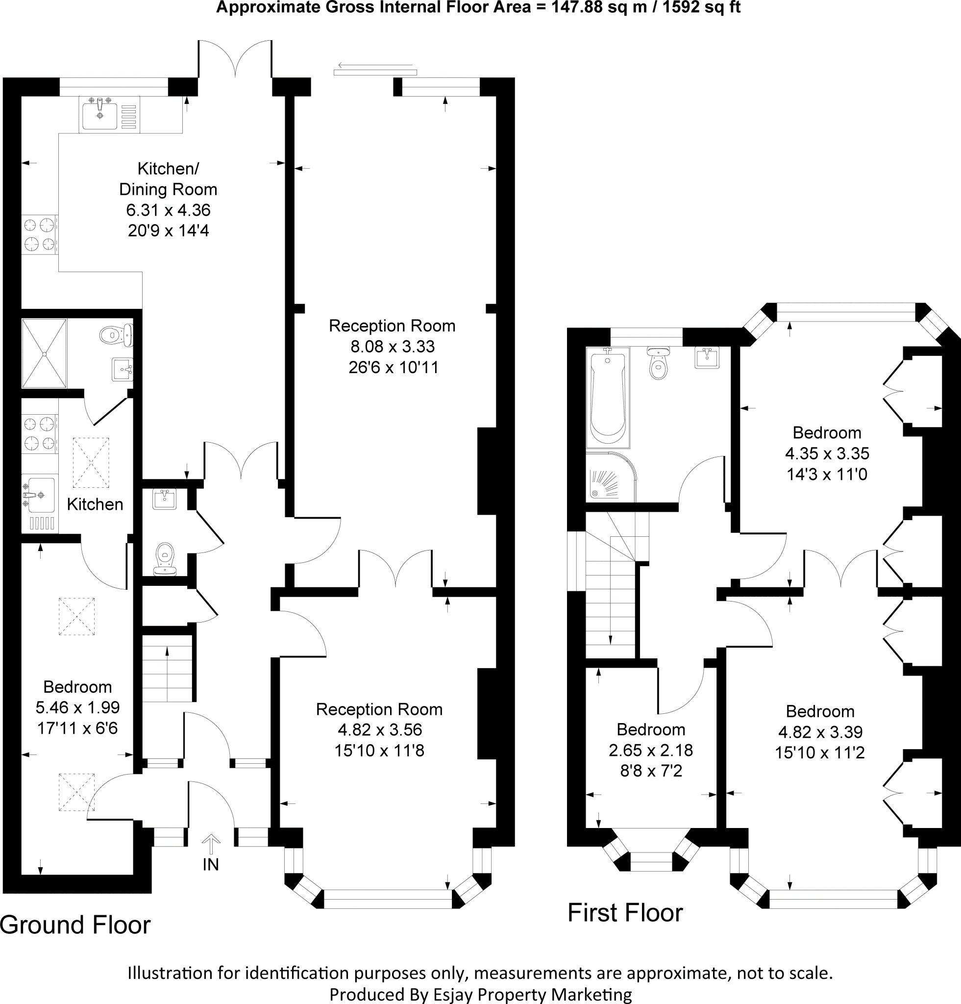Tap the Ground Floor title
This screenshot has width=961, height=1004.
tap(75, 925)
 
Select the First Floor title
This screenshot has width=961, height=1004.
tap(625, 913)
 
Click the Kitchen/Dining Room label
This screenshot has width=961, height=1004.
tap(168, 179)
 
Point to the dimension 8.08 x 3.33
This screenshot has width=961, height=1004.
tap(392, 346)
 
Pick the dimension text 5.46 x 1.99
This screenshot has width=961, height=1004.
tap(77, 707)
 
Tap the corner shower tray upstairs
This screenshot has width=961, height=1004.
tap(611, 477)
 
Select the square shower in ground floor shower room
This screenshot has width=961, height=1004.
tap(44, 353)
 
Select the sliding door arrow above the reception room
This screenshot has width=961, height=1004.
tap(375, 66)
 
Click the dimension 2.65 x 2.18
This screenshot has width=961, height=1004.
tap(651, 750)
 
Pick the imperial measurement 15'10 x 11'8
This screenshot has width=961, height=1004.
tap(379, 751)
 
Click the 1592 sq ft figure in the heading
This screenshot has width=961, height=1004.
tap(701, 7)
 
